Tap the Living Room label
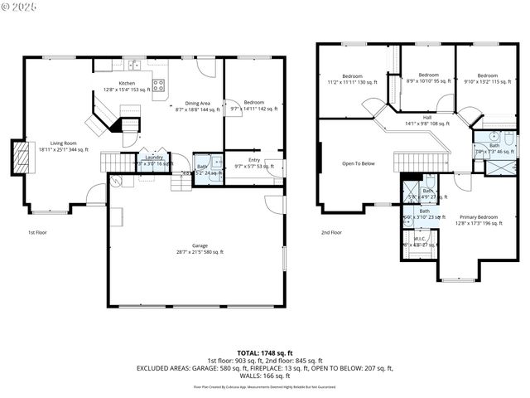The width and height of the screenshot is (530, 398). click(64, 146)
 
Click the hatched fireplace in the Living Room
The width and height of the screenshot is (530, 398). click(19, 157)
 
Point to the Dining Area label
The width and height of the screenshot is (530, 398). click(197, 105)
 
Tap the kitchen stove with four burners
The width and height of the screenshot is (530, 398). click(159, 85)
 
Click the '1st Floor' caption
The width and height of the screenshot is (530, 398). click(36, 232)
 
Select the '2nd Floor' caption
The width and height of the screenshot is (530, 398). click(331, 232)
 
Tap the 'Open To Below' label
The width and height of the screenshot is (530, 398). click(359, 163)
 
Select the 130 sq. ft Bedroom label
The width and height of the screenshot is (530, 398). click(352, 79)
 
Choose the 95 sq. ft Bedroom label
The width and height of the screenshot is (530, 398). click(428, 77)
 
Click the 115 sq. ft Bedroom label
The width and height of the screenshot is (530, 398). click(486, 78)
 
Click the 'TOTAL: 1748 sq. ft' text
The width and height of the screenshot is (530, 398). click(264, 353)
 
